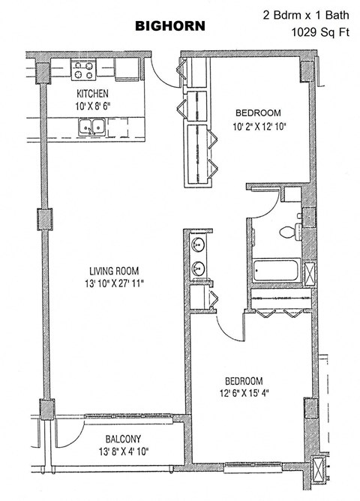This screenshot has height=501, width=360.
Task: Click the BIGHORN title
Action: click(169, 26)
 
